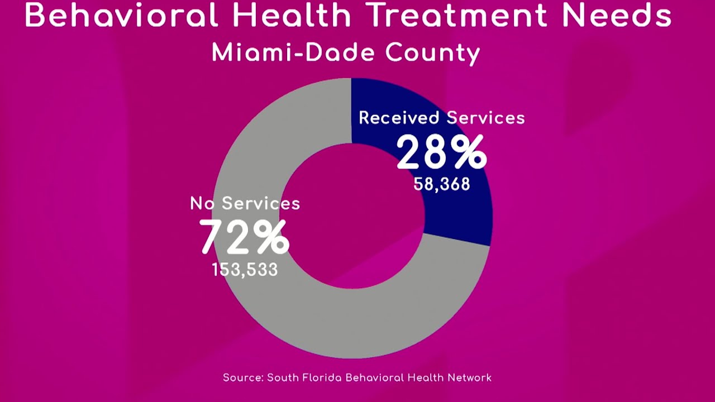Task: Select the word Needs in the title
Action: [617, 15]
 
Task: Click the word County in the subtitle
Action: [433, 53]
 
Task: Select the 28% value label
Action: [441, 152]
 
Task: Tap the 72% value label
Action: [245, 237]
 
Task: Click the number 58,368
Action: [442, 184]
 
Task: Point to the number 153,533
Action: [245, 270]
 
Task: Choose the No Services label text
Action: [245, 203]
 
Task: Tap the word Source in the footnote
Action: [242, 378]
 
